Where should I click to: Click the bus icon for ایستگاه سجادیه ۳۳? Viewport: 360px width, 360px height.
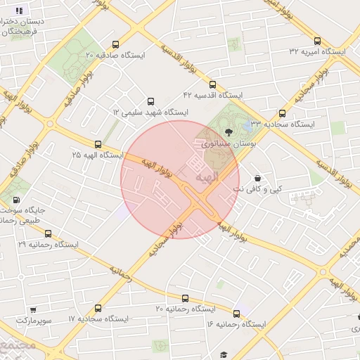coord(282,112)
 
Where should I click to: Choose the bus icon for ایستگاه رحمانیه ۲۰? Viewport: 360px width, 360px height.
coord(185,298)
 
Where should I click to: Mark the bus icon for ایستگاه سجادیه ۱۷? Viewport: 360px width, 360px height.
coord(97,308)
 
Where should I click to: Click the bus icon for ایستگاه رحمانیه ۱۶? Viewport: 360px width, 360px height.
coord(236,314)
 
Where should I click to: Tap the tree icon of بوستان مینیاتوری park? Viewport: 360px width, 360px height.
coord(228,131)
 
